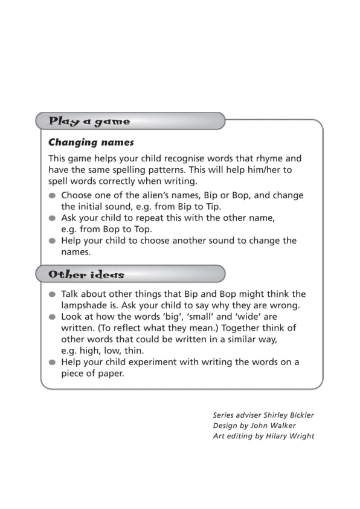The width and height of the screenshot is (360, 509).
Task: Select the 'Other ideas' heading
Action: pyautogui.click(x=86, y=274)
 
